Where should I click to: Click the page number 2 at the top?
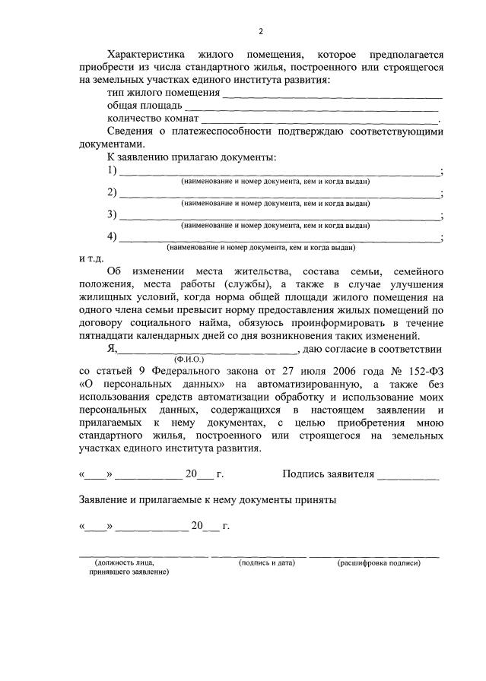pos(260,32)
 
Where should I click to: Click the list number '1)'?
pos(113,170)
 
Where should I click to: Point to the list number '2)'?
pos(113,192)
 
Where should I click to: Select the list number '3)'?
pos(113,214)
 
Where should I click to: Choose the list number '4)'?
pos(113,236)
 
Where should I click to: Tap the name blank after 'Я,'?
pos(208,350)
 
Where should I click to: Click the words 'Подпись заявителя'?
pos(328,474)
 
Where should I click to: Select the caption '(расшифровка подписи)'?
pos(378,562)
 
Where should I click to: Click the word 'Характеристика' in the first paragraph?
pos(146,55)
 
